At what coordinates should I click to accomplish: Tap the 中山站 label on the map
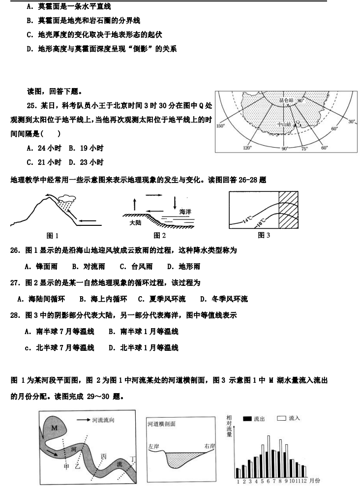pos(284,124)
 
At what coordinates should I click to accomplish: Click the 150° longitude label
pos(221,126)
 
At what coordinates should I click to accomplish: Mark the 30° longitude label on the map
pos(351,122)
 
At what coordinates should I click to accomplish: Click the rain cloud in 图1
pos(66,199)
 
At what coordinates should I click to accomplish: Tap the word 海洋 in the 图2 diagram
pos(185,212)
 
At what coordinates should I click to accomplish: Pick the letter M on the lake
pos(54,428)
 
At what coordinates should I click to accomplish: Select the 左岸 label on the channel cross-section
pos(154,447)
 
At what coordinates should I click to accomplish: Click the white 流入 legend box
pos(282,418)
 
